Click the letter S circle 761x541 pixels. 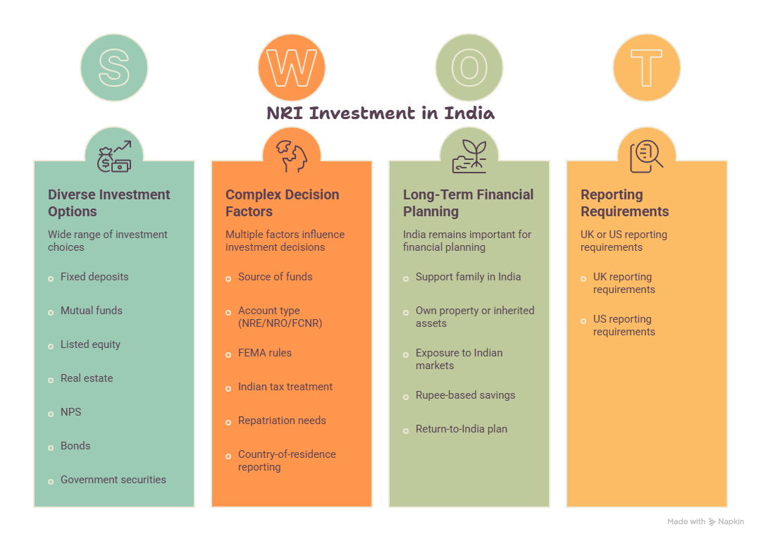tap(114, 68)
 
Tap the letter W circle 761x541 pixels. tap(292, 68)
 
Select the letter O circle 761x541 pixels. tap(469, 68)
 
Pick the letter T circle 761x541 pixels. tap(647, 68)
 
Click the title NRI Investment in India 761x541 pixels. tap(380, 113)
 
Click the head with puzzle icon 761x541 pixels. tap(292, 156)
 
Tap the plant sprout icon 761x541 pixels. tap(469, 156)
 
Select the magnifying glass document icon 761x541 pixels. tap(646, 156)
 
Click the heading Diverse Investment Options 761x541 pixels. tap(109, 203)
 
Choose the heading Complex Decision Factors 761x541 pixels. tap(283, 203)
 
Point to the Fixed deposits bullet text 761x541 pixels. tap(94, 277)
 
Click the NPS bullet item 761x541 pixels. tap(71, 412)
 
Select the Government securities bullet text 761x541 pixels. tap(113, 480)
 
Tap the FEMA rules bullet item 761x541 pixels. tap(264, 353)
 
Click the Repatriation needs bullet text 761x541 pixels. tap(282, 420)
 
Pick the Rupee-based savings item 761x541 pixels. tap(466, 395)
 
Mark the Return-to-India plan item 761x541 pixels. tap(462, 429)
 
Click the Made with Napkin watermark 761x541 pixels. tap(705, 521)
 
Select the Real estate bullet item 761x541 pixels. tap(87, 378)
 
